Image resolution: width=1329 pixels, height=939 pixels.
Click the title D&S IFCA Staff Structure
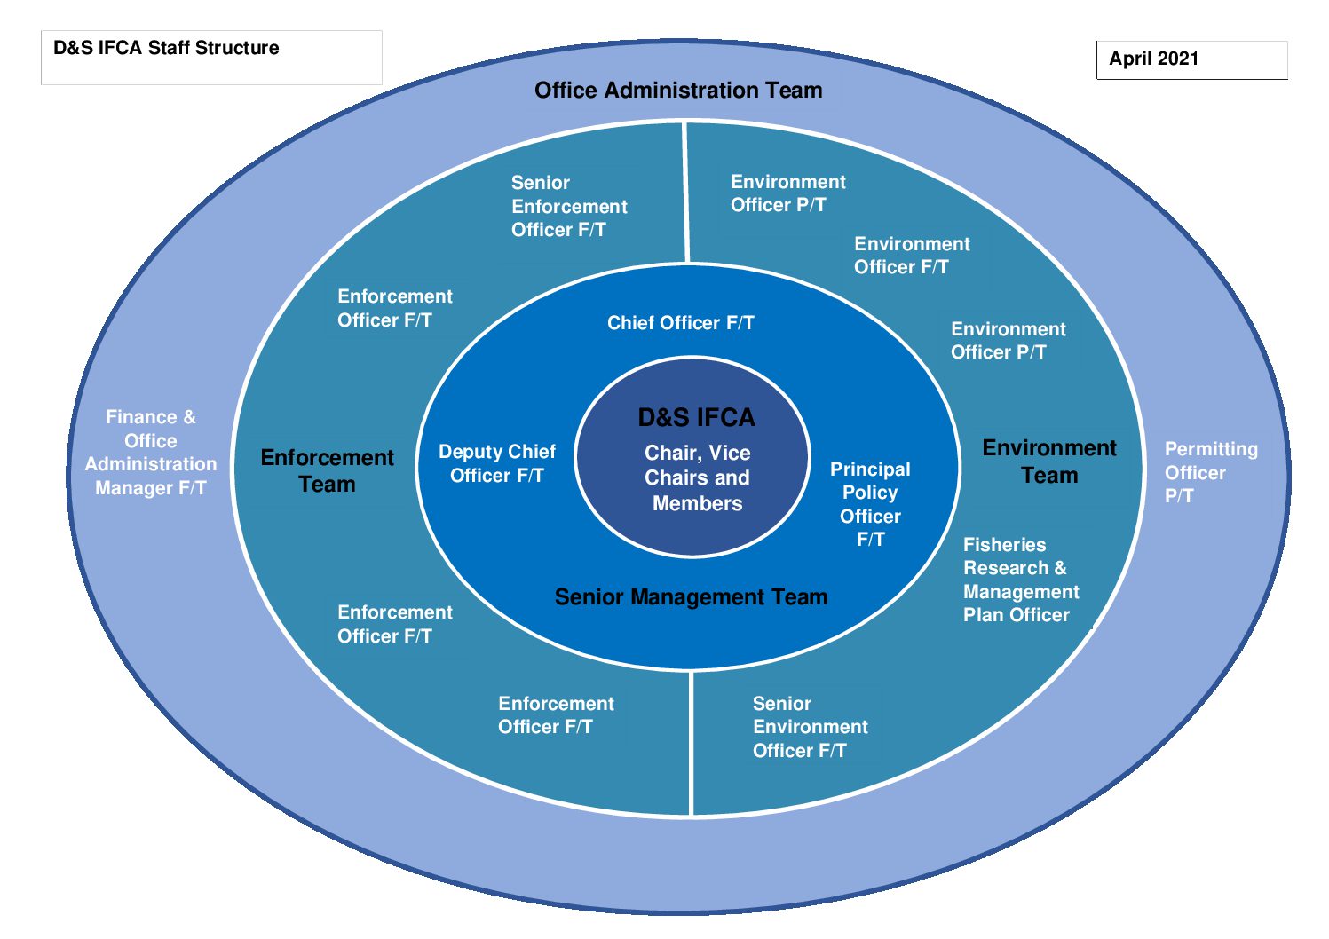pyautogui.click(x=166, y=48)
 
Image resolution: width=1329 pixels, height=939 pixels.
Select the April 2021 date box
pyautogui.click(x=1192, y=60)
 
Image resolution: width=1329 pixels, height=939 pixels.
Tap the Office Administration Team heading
pyautogui.click(x=678, y=91)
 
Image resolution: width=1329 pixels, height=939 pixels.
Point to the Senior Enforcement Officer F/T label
pyautogui.click(x=569, y=206)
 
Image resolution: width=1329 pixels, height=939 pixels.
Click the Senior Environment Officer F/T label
pyautogui.click(x=811, y=727)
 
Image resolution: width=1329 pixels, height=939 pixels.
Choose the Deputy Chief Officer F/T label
pyautogui.click(x=497, y=463)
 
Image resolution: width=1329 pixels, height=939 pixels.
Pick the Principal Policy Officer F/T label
pyautogui.click(x=870, y=504)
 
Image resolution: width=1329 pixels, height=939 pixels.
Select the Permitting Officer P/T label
pyautogui.click(x=1211, y=472)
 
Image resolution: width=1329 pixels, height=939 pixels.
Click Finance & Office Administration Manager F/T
pyautogui.click(x=151, y=453)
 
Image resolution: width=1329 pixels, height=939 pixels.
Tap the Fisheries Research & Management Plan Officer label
pyautogui.click(x=1021, y=580)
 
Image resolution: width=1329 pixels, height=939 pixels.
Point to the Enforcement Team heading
pyautogui.click(x=327, y=471)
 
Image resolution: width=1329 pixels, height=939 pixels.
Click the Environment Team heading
pyautogui.click(x=1049, y=462)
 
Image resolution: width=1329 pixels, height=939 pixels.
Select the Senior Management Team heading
pyautogui.click(x=692, y=596)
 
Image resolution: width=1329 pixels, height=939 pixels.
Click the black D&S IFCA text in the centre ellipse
pyautogui.click(x=697, y=418)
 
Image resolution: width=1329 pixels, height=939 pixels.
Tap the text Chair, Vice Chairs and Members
pyautogui.click(x=698, y=478)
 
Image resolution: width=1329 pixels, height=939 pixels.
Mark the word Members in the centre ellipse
pyautogui.click(x=698, y=503)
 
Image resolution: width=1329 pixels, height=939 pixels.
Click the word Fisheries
pyautogui.click(x=1004, y=545)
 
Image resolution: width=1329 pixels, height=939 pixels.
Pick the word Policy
pyautogui.click(x=870, y=493)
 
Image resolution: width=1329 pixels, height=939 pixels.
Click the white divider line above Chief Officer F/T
pyautogui.click(x=686, y=193)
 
